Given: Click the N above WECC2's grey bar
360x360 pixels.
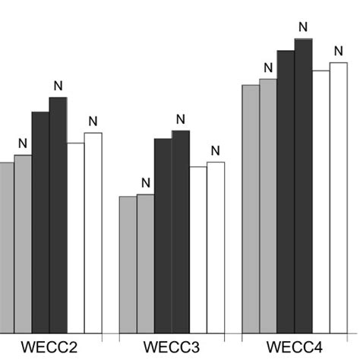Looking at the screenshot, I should click(x=23, y=144).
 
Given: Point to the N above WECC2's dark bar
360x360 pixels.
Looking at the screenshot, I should click(x=58, y=85).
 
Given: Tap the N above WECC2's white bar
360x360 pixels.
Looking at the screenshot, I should click(x=93, y=121).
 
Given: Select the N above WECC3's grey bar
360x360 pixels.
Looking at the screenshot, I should click(x=146, y=182).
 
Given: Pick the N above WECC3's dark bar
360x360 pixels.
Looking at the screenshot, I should click(x=181, y=118).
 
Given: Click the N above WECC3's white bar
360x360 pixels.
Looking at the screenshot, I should click(x=216, y=150).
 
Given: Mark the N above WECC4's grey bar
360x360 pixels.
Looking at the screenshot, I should click(x=268, y=67).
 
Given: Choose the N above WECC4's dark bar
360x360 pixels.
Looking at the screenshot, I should click(x=303, y=27).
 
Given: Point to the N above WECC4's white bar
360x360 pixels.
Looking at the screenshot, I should click(x=338, y=51).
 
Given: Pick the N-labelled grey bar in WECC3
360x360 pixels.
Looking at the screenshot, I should click(x=146, y=263).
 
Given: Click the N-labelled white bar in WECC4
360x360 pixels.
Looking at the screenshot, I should click(x=338, y=197).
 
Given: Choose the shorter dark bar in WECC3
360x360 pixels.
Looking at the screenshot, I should click(x=163, y=235).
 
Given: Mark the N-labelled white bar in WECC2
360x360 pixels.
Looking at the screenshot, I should click(x=93, y=232).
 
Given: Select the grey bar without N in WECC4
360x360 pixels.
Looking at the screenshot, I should click(x=251, y=208).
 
